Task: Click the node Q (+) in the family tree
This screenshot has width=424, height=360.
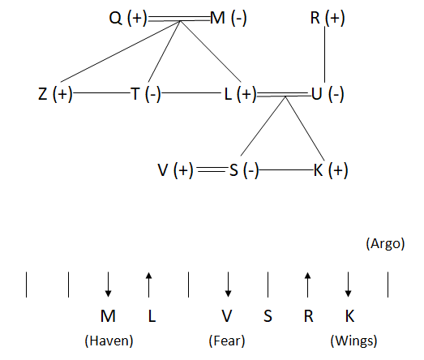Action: [x=128, y=19]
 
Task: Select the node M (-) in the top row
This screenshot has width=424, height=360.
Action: [x=229, y=19]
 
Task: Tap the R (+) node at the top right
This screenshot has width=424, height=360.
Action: [x=328, y=19]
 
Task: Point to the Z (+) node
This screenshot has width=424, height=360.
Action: [x=55, y=94]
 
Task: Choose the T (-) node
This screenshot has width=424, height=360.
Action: [x=146, y=94]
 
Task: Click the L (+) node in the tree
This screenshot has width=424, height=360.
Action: [x=241, y=94]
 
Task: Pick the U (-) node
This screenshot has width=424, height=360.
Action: [x=328, y=94]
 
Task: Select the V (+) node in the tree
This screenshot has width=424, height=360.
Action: [x=175, y=170]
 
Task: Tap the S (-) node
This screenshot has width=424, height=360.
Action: [x=244, y=170]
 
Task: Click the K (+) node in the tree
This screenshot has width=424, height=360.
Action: [x=331, y=170]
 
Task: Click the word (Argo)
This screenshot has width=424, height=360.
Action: [x=385, y=244]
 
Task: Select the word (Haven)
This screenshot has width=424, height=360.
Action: [x=109, y=341]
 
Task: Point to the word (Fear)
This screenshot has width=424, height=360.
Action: [x=227, y=341]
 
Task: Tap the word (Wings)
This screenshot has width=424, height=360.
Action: [x=353, y=341]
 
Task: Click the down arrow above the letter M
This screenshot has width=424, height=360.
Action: [x=108, y=285]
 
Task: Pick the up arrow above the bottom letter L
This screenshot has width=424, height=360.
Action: [x=148, y=285]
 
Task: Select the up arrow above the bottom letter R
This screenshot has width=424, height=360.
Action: [x=307, y=285]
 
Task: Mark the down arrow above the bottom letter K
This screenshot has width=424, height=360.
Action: [x=348, y=285]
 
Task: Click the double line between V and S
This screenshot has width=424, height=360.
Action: [x=212, y=169]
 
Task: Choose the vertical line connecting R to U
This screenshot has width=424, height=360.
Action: [x=324, y=54]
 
